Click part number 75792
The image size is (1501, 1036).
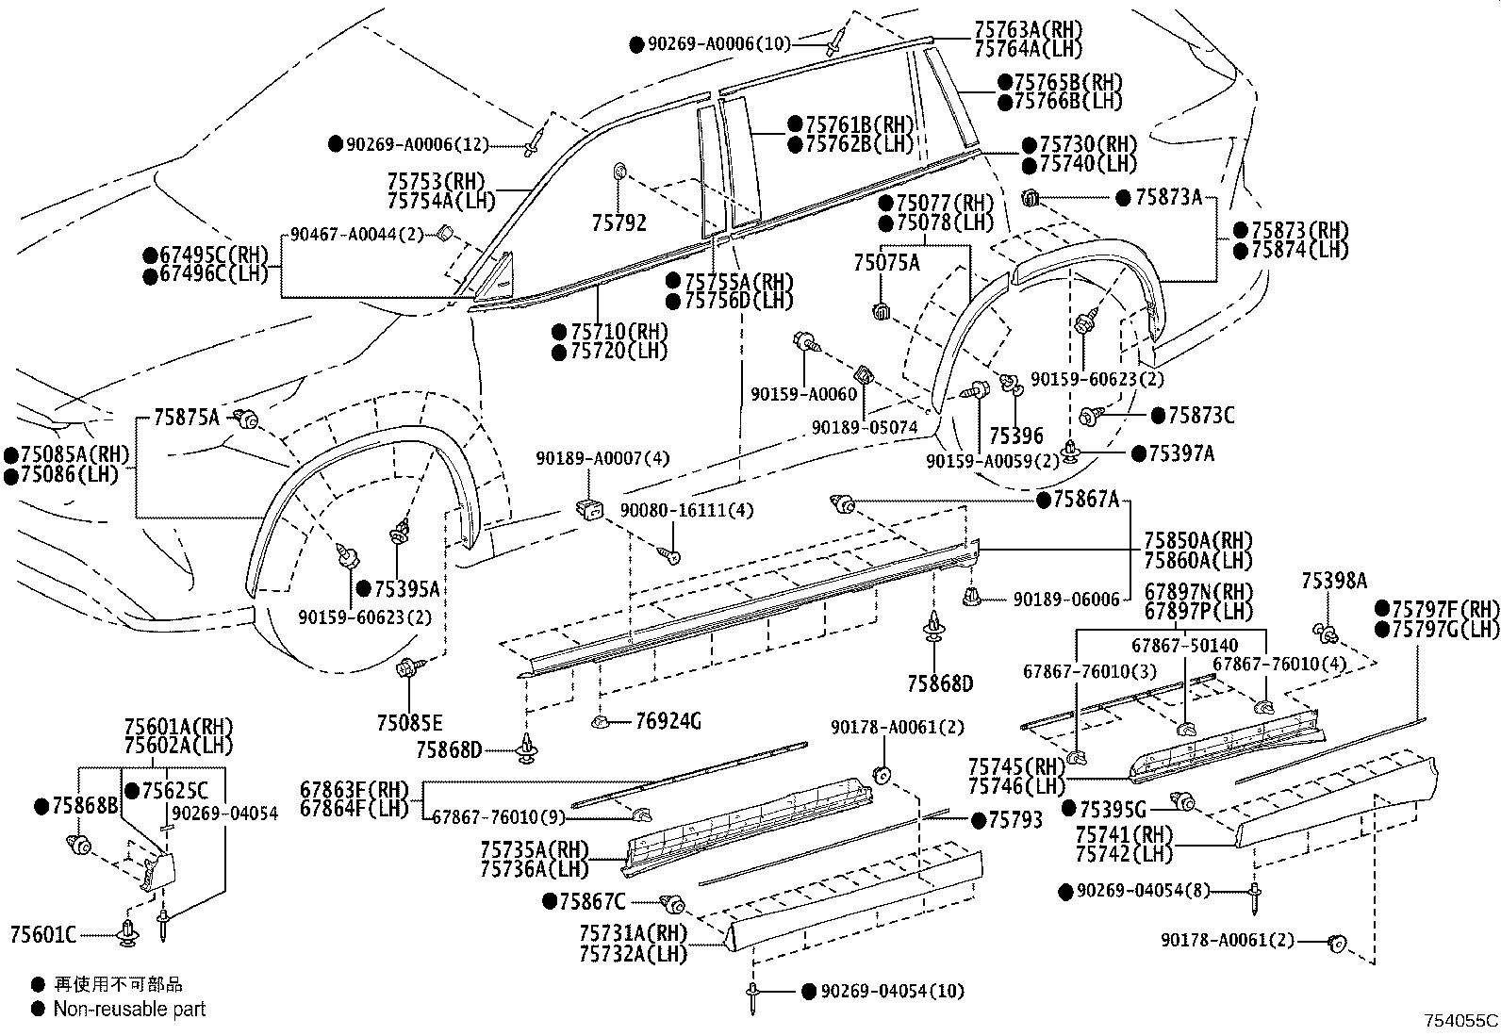(x=619, y=222)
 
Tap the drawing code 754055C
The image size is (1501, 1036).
(x=1460, y=1020)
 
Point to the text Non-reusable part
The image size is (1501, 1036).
(x=129, y=1009)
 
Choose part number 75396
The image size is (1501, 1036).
(x=1015, y=435)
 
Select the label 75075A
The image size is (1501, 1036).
(x=886, y=263)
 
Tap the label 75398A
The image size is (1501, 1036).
(x=1333, y=582)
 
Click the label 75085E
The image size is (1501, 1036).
(x=409, y=723)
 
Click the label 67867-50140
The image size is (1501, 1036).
(x=1184, y=645)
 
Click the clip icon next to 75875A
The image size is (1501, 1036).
(x=247, y=419)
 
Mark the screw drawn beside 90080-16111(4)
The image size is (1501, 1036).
(x=672, y=554)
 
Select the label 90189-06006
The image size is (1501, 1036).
(x=1066, y=599)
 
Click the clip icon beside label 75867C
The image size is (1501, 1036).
(x=673, y=903)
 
